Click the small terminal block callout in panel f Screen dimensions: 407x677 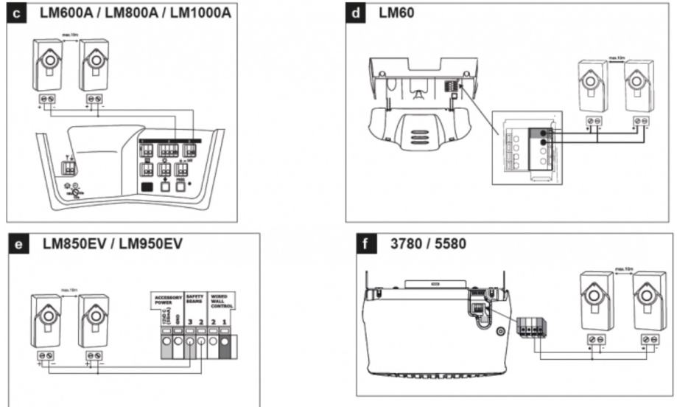click(534, 324)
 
